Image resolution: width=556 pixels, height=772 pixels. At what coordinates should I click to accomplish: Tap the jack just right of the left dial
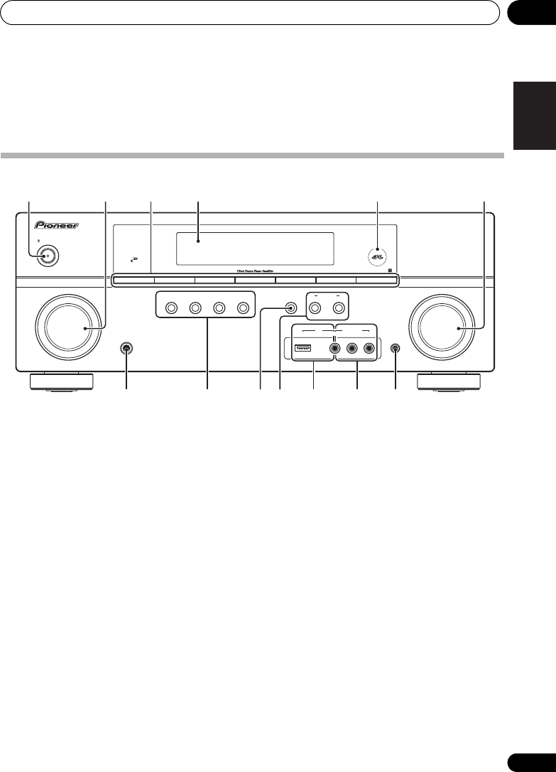pos(126,349)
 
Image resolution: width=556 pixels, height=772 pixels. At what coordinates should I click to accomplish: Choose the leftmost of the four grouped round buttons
pos(170,308)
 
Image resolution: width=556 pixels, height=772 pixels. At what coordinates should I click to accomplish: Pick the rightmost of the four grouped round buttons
pos(244,308)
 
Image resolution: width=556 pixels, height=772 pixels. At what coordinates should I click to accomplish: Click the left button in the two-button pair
pos(315,308)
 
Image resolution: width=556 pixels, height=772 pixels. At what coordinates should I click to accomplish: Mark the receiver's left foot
pos(61,381)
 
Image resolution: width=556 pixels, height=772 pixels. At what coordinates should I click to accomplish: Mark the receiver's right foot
pos(449,381)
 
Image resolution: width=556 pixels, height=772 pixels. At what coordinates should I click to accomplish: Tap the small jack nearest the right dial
pos(394,349)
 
